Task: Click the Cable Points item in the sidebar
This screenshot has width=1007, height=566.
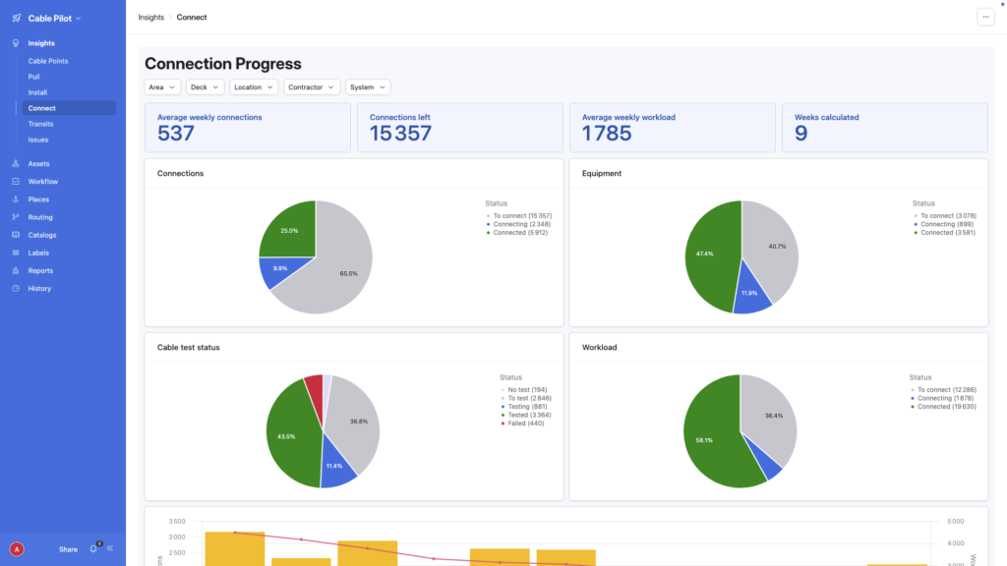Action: pyautogui.click(x=48, y=61)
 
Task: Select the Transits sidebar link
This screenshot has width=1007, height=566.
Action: pyautogui.click(x=40, y=124)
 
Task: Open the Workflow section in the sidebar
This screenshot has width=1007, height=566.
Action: pyautogui.click(x=42, y=182)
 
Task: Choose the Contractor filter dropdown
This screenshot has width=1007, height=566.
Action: pyautogui.click(x=312, y=87)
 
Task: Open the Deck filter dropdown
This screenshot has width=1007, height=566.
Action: pyautogui.click(x=205, y=87)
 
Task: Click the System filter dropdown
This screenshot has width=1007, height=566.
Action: pyautogui.click(x=368, y=87)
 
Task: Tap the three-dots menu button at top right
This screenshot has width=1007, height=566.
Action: pyautogui.click(x=984, y=17)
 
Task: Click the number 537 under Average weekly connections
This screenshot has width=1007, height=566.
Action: pyautogui.click(x=176, y=134)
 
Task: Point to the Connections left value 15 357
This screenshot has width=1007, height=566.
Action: pyautogui.click(x=400, y=134)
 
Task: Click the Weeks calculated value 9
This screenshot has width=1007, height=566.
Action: pyautogui.click(x=800, y=134)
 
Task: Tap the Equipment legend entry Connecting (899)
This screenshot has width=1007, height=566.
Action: pyautogui.click(x=944, y=224)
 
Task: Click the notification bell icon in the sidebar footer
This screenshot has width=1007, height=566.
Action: pyautogui.click(x=93, y=549)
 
